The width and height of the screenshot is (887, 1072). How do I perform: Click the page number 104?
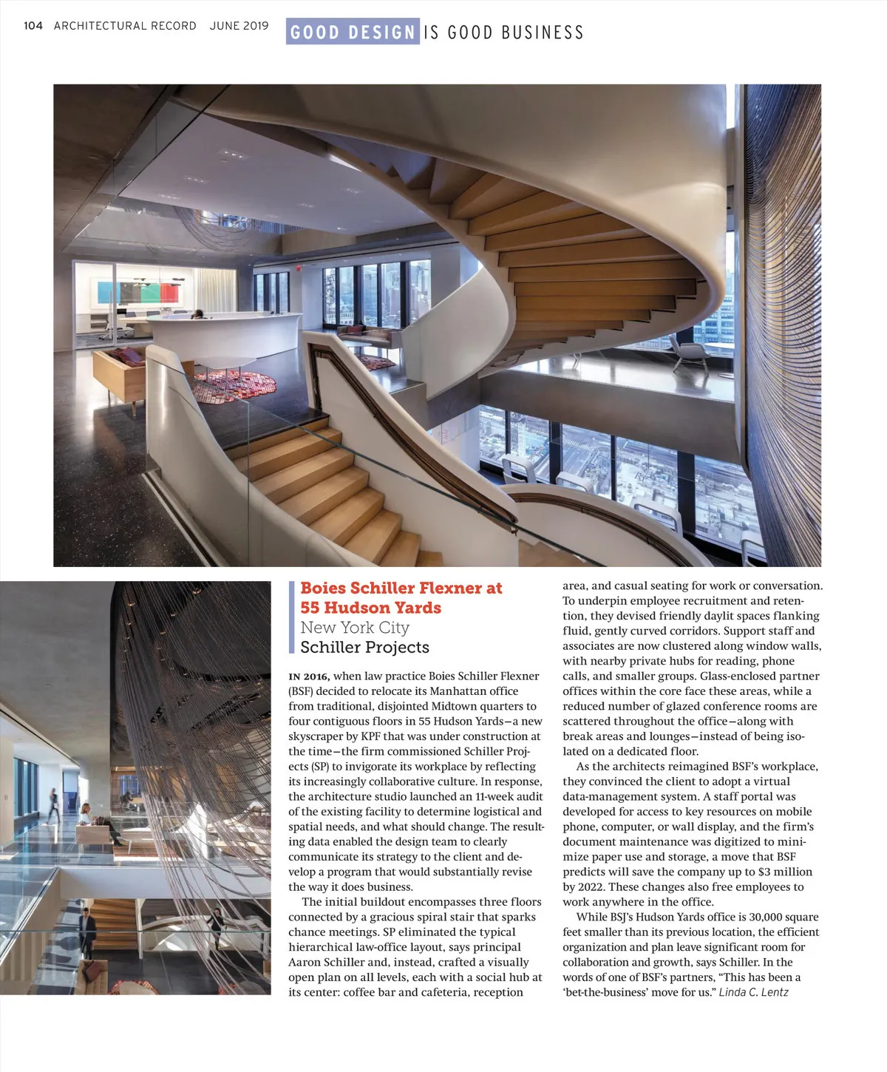click(x=33, y=26)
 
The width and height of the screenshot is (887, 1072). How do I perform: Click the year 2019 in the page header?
click(x=255, y=26)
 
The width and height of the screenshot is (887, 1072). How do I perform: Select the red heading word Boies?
click(x=323, y=588)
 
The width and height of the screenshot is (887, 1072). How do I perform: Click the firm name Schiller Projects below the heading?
click(x=364, y=647)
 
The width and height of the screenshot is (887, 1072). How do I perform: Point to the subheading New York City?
click(x=355, y=628)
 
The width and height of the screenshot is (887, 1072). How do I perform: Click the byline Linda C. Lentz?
click(x=753, y=992)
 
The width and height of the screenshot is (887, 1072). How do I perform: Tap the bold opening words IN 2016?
click(x=309, y=676)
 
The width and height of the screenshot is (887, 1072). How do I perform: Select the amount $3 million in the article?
click(x=785, y=872)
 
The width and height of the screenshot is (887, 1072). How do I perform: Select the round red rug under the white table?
click(x=235, y=382)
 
